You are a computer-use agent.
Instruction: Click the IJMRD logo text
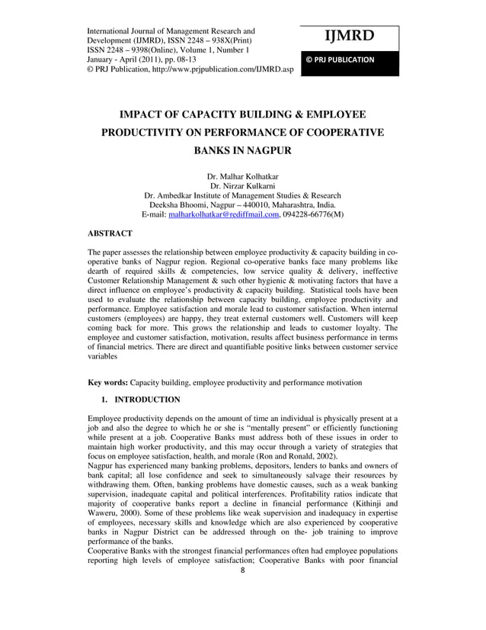[x=350, y=36]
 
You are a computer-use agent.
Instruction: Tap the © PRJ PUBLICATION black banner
[x=350, y=59]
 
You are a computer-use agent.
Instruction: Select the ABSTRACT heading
[x=110, y=233]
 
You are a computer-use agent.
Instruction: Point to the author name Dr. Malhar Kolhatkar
[x=242, y=175]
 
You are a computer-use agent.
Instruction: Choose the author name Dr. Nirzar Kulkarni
[x=242, y=185]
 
